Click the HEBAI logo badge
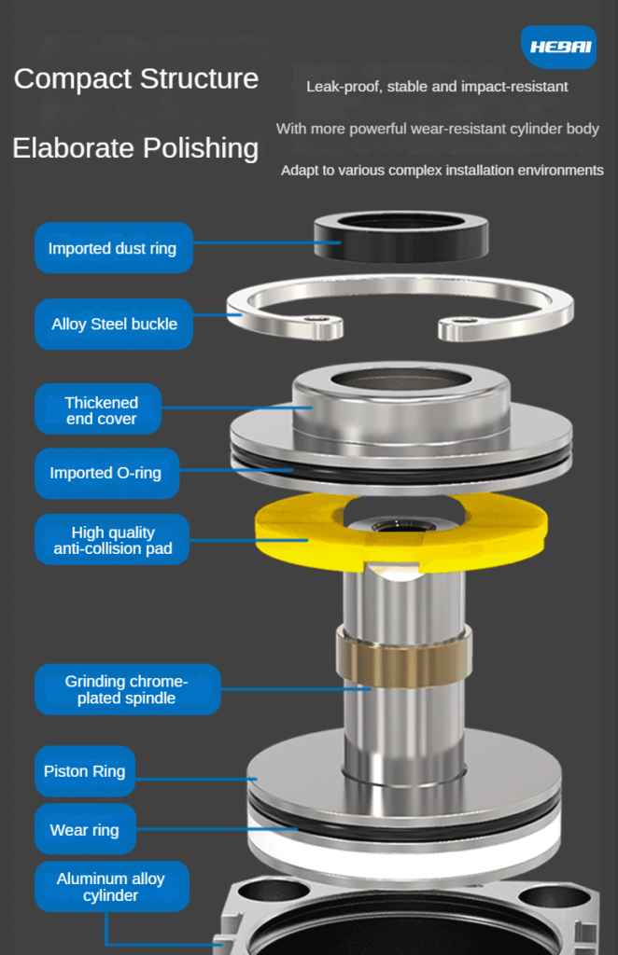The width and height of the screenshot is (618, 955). (x=559, y=47)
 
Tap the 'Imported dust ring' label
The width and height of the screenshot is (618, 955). (x=114, y=248)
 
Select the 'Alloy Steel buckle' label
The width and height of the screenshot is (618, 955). (x=114, y=324)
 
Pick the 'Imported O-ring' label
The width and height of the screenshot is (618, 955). (x=107, y=473)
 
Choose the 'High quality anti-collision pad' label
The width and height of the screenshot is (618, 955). (x=112, y=539)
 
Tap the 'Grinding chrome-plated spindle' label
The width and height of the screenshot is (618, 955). (x=128, y=689)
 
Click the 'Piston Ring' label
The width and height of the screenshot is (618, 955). (x=85, y=771)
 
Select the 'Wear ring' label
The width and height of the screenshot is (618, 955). (x=85, y=829)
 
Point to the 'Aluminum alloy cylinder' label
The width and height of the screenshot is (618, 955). (x=112, y=886)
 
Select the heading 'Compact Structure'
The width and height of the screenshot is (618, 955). (x=136, y=78)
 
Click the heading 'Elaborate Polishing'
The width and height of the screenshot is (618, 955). (x=135, y=148)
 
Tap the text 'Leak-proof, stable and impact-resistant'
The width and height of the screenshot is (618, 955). (x=437, y=87)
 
